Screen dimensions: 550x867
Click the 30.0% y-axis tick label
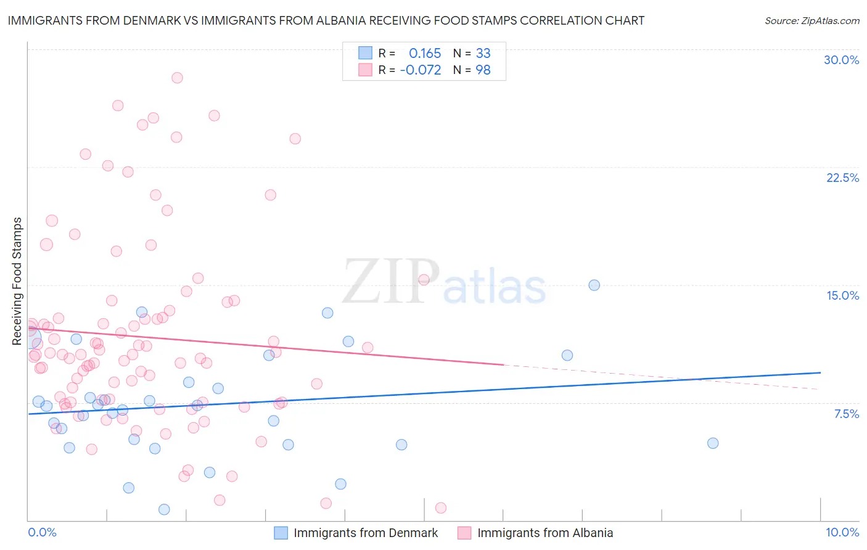[x=841, y=60]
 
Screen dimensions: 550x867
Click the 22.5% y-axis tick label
[x=842, y=178]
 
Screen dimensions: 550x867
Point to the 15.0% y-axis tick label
[x=842, y=295]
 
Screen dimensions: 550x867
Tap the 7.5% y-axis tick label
[x=846, y=414]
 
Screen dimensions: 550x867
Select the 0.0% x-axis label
[x=42, y=532]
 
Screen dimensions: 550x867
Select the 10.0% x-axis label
[x=842, y=532]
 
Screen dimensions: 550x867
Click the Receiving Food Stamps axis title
[x=17, y=281]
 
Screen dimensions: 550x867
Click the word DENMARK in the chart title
[x=150, y=20]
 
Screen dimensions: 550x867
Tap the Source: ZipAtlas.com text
[x=812, y=20]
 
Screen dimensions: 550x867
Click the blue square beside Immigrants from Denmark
[x=281, y=533]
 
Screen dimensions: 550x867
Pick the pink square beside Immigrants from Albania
[x=464, y=533]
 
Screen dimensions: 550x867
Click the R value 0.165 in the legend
[x=425, y=53]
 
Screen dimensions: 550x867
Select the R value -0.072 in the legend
[x=421, y=70]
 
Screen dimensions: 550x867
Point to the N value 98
[x=483, y=70]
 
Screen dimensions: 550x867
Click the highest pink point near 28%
[x=177, y=78]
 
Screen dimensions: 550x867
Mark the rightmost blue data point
[x=713, y=443]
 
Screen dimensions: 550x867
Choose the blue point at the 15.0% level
[x=594, y=285]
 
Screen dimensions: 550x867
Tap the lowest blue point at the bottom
[x=164, y=509]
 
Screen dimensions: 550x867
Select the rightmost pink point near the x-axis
[x=441, y=508]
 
